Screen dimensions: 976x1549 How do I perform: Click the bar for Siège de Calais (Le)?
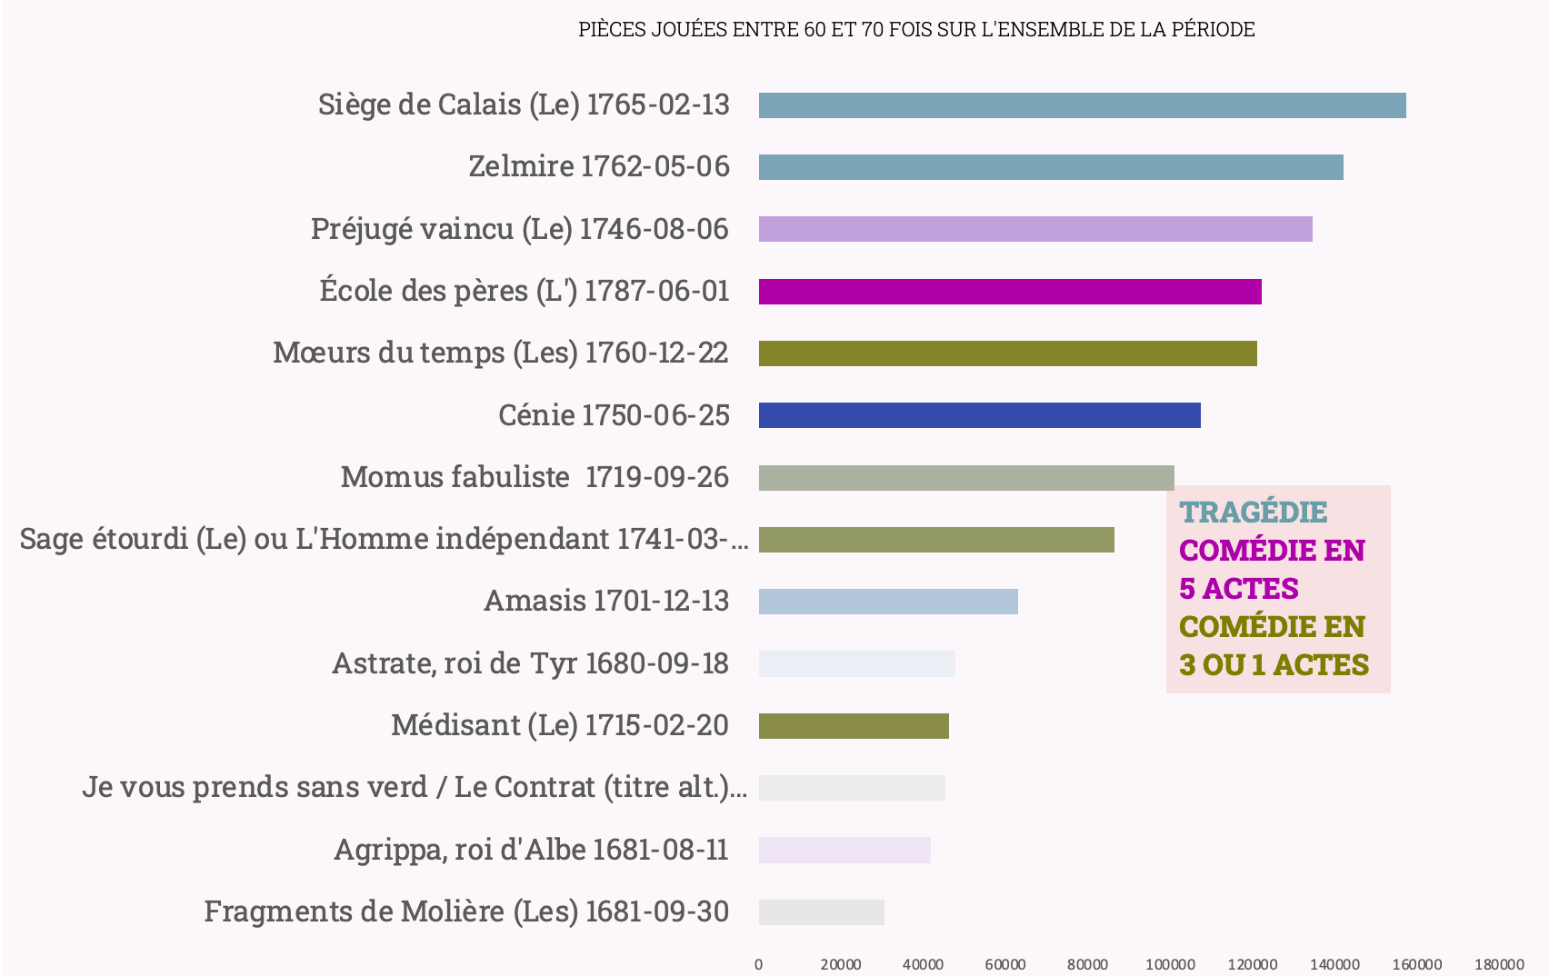pyautogui.click(x=1082, y=105)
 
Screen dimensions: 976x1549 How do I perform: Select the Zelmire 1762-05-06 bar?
pyautogui.click(x=1051, y=167)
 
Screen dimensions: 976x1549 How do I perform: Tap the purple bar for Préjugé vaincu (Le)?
pyautogui.click(x=1035, y=229)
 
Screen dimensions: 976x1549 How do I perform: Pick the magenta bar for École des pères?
pyautogui.click(x=1010, y=292)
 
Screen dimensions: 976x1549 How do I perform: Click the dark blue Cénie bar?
pyautogui.click(x=979, y=415)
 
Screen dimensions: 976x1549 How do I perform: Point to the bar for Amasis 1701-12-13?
pyautogui.click(x=888, y=602)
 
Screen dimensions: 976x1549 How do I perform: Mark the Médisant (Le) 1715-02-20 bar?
pyautogui.click(x=854, y=726)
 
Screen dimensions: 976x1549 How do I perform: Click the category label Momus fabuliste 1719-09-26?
pyautogui.click(x=535, y=477)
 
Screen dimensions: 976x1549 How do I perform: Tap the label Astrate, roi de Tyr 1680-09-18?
pyautogui.click(x=530, y=663)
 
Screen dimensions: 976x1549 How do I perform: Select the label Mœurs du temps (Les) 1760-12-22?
pyautogui.click(x=501, y=353)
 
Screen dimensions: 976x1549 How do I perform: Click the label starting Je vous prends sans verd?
pyautogui.click(x=415, y=787)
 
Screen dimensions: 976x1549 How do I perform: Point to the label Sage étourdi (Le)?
pyautogui.click(x=384, y=539)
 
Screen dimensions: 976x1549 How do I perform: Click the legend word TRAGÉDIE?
pyautogui.click(x=1253, y=512)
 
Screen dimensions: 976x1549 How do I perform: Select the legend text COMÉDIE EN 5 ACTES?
pyautogui.click(x=1271, y=569)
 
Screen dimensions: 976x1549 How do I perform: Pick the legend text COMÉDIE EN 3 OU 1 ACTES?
pyautogui.click(x=1273, y=645)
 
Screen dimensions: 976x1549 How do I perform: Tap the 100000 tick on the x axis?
pyautogui.click(x=1169, y=964)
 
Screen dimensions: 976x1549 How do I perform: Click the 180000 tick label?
pyautogui.click(x=1498, y=964)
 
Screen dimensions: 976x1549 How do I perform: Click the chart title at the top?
pyautogui.click(x=916, y=29)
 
